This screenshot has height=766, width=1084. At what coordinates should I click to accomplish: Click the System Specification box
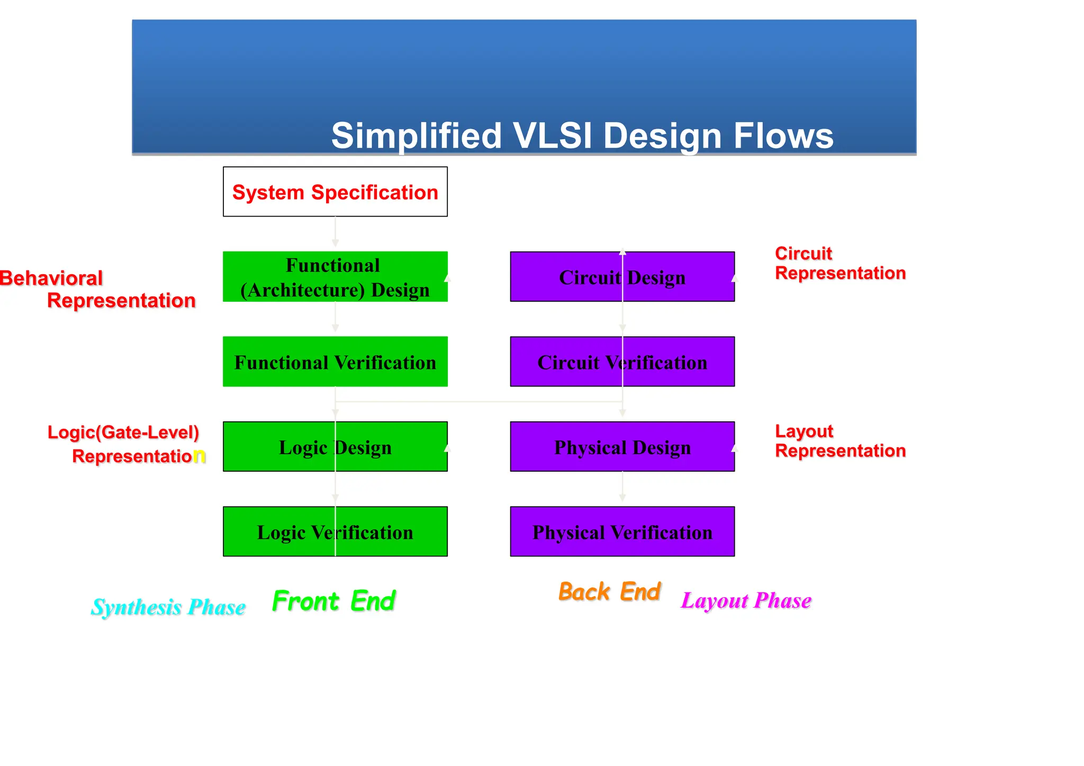pos(335,192)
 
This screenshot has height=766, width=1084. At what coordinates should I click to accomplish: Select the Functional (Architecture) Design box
pos(335,277)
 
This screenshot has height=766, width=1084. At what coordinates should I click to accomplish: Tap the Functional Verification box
pos(335,362)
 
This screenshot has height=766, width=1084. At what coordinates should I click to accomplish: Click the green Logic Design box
pos(335,447)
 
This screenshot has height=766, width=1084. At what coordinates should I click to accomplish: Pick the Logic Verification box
pos(335,531)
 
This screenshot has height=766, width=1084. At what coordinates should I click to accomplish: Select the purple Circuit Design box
pos(622,277)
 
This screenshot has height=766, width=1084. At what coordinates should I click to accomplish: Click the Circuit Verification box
pos(622,362)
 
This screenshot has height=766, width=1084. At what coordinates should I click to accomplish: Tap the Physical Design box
pos(622,447)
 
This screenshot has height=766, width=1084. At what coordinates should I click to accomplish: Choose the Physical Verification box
pos(622,531)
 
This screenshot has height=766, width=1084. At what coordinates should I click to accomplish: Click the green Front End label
pos(333,601)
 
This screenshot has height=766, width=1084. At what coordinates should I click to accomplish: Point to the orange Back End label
pos(609,592)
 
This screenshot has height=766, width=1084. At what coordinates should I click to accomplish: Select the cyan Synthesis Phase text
pos(168,607)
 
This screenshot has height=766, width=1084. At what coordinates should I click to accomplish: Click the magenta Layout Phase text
pos(746,600)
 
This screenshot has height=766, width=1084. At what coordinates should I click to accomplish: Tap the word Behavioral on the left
pos(51,278)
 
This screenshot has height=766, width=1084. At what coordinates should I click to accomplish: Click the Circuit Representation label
pos(839,263)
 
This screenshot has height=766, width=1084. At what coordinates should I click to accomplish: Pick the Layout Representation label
pos(839,441)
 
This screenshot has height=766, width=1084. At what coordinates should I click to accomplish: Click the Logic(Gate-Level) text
pos(123,432)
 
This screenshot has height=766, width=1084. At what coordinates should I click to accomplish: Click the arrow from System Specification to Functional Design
pos(335,232)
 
